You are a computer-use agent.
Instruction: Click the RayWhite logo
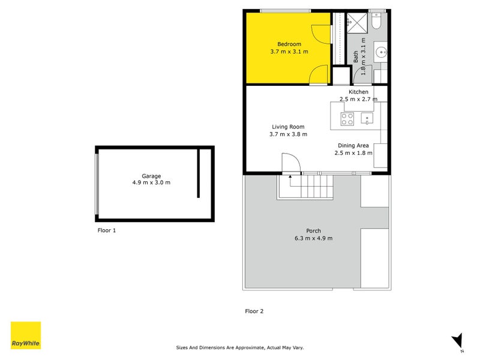tap(26, 335)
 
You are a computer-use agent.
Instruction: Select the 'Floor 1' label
tap(106, 230)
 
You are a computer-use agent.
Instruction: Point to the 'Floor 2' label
tap(254, 311)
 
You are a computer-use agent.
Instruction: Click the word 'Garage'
tap(151, 176)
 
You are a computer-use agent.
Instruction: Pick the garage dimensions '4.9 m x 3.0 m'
tap(151, 182)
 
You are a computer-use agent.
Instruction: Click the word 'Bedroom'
tap(289, 44)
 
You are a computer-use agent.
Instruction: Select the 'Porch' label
tap(313, 231)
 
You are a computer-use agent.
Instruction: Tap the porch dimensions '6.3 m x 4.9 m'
tap(313, 238)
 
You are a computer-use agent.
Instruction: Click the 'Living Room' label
tap(288, 127)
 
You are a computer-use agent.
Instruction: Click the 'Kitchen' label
tap(358, 92)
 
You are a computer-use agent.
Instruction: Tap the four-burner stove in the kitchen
tap(347, 119)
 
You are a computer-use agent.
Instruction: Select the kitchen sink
tap(366, 119)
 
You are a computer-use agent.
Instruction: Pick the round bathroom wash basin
tap(381, 52)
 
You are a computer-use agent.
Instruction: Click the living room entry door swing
tap(291, 163)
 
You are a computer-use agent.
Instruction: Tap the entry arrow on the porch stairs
tap(290, 176)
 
